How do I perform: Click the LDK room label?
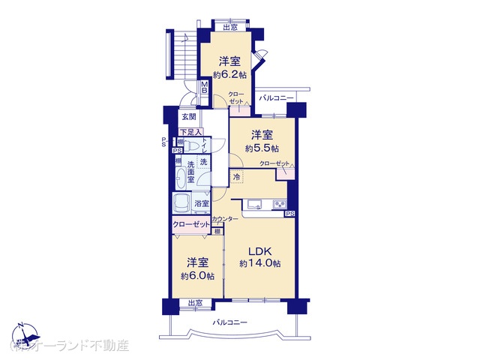click(260, 251)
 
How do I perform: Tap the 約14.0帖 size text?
click(260, 264)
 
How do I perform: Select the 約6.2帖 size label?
click(229, 74)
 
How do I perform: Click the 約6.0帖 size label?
click(197, 275)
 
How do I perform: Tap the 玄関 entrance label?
click(189, 117)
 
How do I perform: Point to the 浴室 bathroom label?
click(202, 203)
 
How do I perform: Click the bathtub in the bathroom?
click(182, 203)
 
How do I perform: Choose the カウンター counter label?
click(225, 219)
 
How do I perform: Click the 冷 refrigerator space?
click(237, 177)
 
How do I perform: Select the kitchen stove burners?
click(280, 204)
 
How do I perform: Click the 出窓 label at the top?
click(229, 28)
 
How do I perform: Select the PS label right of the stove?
click(289, 214)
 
